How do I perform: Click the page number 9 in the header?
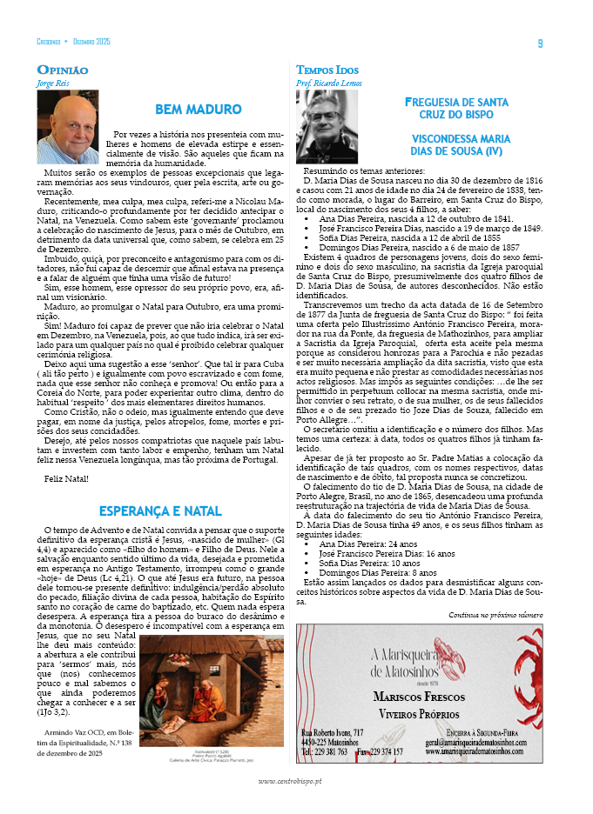click(x=540, y=43)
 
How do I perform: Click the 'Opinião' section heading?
click(x=62, y=70)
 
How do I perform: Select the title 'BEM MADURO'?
click(x=198, y=110)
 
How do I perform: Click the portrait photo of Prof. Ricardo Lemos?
click(x=327, y=127)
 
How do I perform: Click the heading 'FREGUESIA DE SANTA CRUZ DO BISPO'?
click(x=456, y=108)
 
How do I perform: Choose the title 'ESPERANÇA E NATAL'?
click(x=159, y=510)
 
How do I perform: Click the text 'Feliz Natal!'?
click(x=67, y=479)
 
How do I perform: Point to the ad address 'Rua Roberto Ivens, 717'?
click(x=333, y=733)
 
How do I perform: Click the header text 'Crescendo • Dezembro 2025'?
click(x=74, y=43)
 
